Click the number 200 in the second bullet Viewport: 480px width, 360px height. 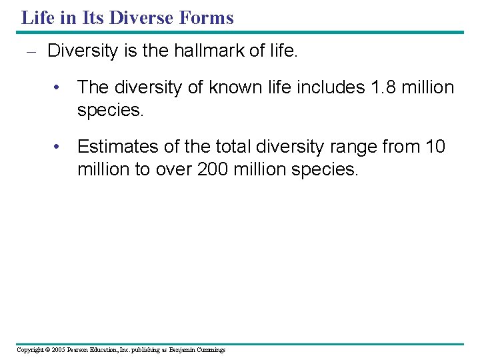click(x=213, y=169)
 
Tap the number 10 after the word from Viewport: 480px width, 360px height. click(x=435, y=146)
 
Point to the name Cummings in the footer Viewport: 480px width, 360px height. click(x=210, y=350)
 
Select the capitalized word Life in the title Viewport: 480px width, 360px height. click(x=36, y=17)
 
